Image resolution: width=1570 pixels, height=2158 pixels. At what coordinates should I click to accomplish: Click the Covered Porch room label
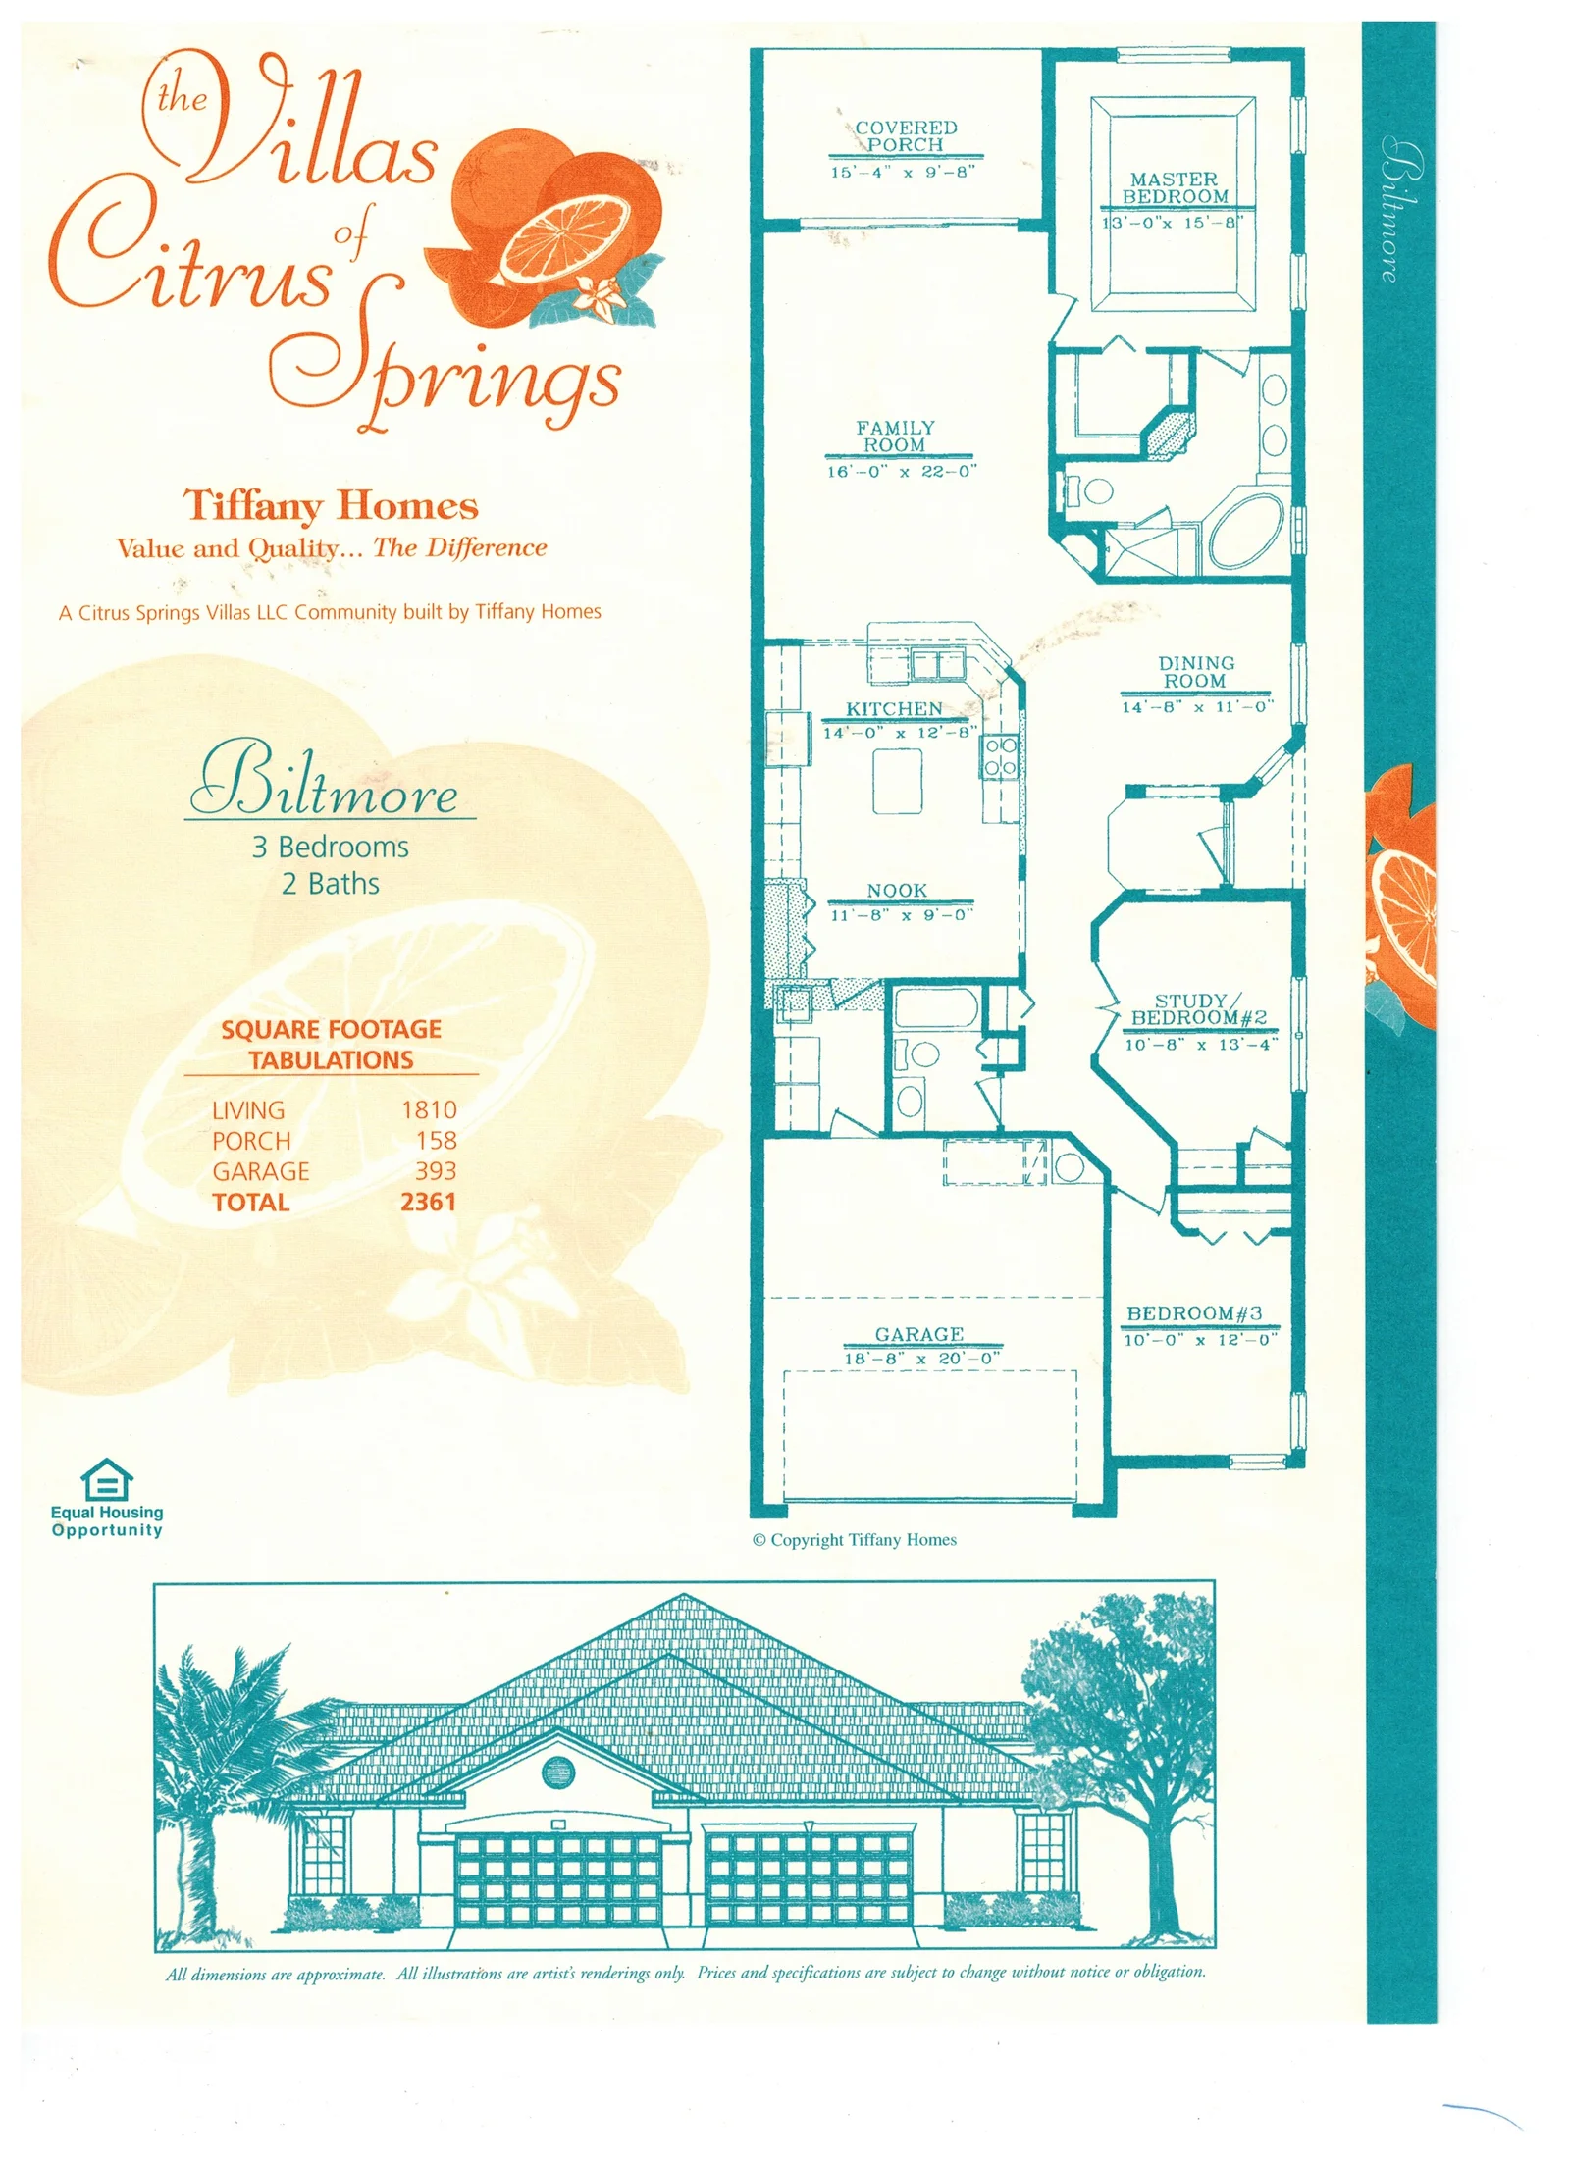[x=905, y=136]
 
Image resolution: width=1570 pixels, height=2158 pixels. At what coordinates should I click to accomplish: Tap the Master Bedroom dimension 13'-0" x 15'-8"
[x=1173, y=223]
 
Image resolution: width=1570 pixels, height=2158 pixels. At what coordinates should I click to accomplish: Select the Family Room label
[x=895, y=437]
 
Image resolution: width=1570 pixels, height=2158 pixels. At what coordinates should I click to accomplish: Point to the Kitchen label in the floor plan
[x=894, y=708]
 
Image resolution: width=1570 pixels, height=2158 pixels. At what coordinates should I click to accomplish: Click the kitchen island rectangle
[x=898, y=781]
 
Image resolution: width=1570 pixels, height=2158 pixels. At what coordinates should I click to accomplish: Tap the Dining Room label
[x=1196, y=672]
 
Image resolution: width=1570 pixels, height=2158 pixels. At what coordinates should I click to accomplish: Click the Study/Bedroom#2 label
[x=1198, y=1009]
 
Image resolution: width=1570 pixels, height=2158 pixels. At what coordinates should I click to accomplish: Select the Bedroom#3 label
[x=1194, y=1313]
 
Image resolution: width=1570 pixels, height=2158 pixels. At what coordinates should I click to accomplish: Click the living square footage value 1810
[x=429, y=1109]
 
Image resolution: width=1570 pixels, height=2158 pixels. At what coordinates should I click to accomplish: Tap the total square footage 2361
[x=428, y=1202]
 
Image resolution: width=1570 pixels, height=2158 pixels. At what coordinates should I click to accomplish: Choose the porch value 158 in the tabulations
[x=436, y=1140]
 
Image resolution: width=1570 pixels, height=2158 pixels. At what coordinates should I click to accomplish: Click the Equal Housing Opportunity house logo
[x=106, y=1479]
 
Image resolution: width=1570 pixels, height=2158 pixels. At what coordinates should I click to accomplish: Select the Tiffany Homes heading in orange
[x=331, y=506]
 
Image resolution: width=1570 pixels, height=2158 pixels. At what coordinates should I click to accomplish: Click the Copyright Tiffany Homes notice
[x=854, y=1540]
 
